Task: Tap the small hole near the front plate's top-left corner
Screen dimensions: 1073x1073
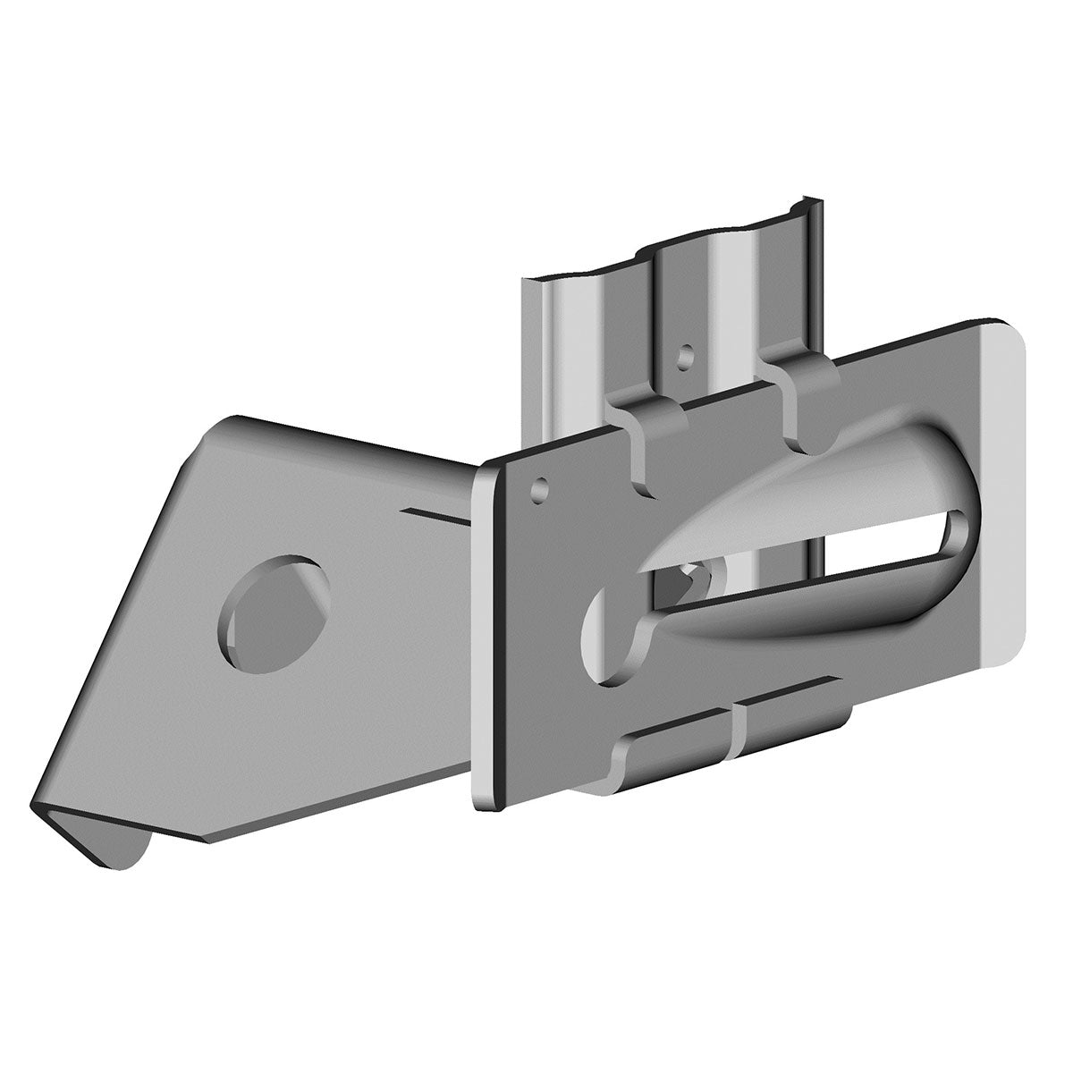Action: tap(540, 489)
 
